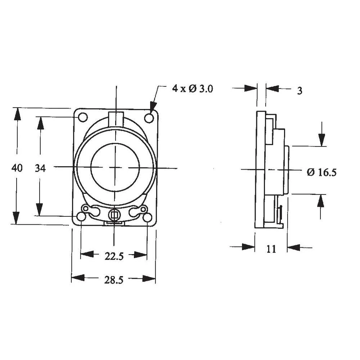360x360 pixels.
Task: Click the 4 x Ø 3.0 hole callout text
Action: (x=193, y=89)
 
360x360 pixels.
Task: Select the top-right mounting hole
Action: (x=149, y=117)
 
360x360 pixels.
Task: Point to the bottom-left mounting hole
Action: (x=82, y=217)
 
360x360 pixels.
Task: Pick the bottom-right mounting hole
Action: (x=148, y=217)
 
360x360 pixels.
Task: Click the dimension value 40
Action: (x=17, y=168)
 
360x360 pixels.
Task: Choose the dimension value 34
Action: (x=40, y=168)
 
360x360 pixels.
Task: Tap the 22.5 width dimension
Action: (x=114, y=256)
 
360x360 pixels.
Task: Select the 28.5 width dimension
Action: (x=114, y=280)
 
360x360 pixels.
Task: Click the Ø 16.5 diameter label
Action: (x=321, y=172)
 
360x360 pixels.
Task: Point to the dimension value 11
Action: (x=271, y=248)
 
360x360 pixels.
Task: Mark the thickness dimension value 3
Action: (x=300, y=90)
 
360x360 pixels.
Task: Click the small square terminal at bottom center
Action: (x=114, y=215)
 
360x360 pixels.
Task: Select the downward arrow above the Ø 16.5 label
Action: (x=321, y=139)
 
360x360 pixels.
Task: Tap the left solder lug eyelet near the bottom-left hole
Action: (x=86, y=209)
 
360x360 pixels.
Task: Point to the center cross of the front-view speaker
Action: (x=116, y=167)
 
